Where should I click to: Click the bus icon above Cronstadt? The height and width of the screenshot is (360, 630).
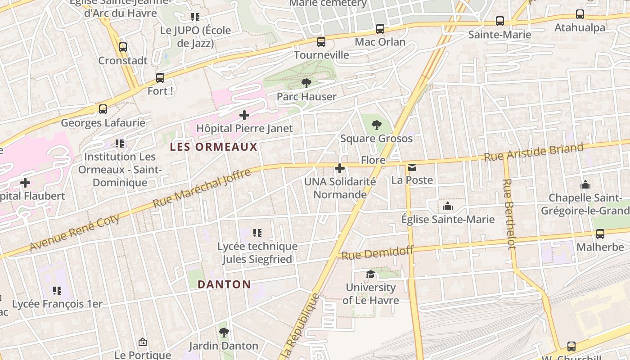tap(123, 47)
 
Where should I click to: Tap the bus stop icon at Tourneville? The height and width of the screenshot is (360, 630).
tap(321, 42)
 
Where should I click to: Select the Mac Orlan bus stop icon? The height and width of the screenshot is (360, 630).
tap(380, 29)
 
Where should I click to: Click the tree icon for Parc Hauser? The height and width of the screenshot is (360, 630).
tap(306, 83)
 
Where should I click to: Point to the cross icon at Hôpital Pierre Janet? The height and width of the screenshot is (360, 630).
tap(244, 115)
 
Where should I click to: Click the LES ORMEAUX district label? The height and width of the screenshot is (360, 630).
tap(214, 147)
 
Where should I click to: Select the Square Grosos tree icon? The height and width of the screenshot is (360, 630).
tap(377, 125)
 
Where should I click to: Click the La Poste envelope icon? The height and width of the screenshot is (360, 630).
tap(412, 167)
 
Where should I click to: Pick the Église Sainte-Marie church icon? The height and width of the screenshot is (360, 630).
tap(448, 206)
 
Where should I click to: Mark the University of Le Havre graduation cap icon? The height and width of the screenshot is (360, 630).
tap(370, 274)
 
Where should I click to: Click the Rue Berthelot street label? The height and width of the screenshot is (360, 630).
tap(509, 214)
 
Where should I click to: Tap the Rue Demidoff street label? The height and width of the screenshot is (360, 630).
tap(377, 253)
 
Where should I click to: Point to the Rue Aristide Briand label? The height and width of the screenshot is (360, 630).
tap(534, 152)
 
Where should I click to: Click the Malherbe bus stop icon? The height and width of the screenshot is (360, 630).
tap(600, 234)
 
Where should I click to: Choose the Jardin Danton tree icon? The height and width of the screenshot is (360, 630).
tap(224, 333)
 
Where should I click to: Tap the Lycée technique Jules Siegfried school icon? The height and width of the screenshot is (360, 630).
tap(257, 233)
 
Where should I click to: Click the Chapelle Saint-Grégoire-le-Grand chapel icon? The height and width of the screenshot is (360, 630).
tap(585, 184)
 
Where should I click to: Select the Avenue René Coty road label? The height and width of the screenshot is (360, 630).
tap(75, 232)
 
